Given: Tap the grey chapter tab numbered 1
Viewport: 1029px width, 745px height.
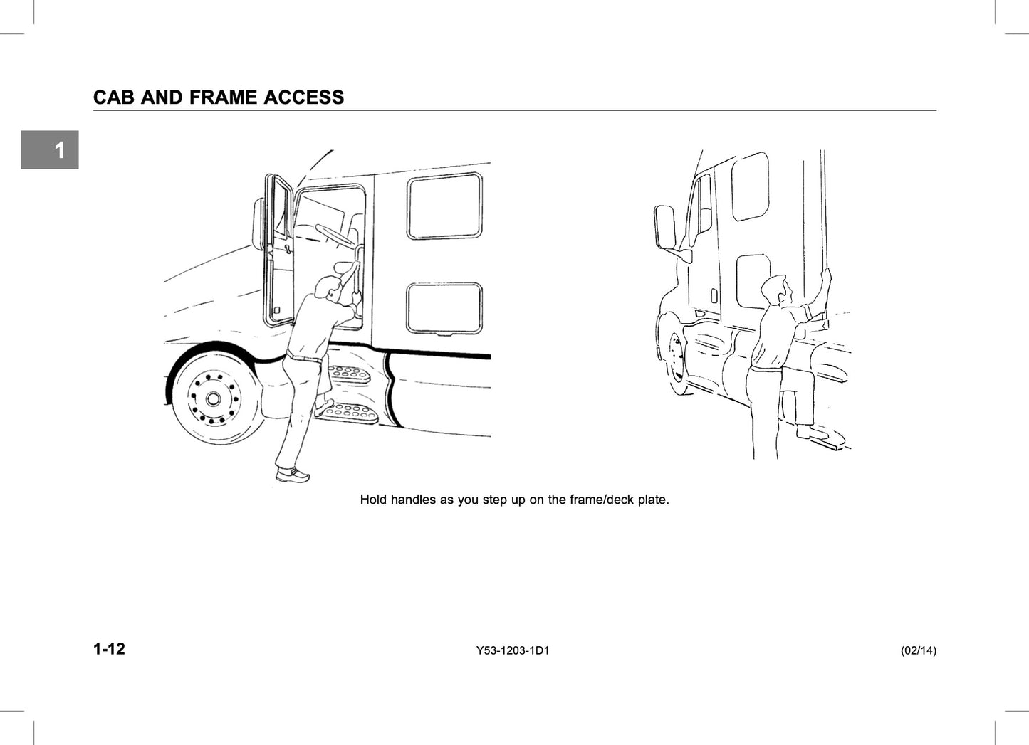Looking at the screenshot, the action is coord(50,149).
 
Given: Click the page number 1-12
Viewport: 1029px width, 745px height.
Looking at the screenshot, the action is coord(110,649).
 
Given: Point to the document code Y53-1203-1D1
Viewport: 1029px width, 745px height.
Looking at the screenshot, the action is coord(513,650).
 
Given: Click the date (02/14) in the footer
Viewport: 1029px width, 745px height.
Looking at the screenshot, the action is coord(919,650).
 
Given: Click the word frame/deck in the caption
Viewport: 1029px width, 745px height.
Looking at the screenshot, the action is coord(602,500).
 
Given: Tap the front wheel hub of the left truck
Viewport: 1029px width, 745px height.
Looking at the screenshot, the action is coord(213,398).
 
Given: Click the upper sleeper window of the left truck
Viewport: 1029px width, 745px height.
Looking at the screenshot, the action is coord(444,206).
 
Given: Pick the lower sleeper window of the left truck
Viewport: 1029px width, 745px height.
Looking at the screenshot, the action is coord(444,308).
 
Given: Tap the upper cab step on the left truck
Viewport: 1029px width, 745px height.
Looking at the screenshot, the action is coord(350,373).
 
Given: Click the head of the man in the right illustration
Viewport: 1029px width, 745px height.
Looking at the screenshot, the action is coord(775,289).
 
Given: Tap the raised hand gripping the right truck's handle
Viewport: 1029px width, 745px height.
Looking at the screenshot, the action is coord(825,277).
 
